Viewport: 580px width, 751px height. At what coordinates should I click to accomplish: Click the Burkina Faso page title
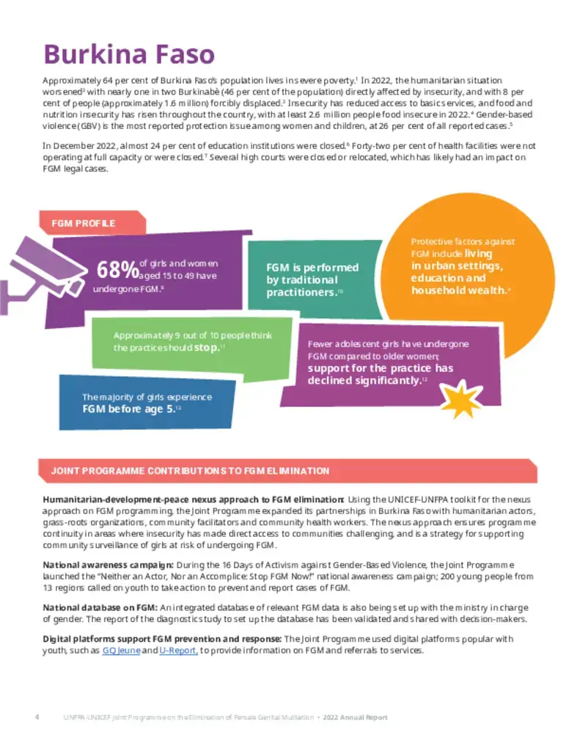tap(129, 54)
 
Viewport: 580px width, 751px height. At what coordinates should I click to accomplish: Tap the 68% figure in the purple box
tap(117, 271)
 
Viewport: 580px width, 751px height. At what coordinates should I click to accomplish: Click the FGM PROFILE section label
tap(84, 223)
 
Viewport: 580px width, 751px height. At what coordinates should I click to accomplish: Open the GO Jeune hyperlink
tap(121, 651)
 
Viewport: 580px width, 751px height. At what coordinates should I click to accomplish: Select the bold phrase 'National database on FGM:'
tap(100, 607)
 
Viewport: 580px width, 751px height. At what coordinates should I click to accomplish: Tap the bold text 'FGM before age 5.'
tap(128, 409)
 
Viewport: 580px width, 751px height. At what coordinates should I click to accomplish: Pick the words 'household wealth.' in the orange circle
tap(458, 290)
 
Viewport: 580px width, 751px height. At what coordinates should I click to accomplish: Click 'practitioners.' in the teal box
tap(301, 292)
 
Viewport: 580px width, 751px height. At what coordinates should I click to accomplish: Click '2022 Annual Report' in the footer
tap(355, 717)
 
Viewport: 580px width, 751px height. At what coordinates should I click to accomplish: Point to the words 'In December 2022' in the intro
tap(76, 146)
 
